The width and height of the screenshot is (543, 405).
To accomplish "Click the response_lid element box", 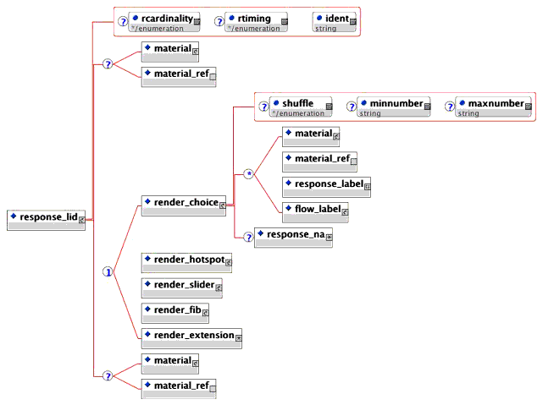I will pyautogui.click(x=46, y=220).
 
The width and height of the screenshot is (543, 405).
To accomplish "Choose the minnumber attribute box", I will pyautogui.click(x=393, y=107).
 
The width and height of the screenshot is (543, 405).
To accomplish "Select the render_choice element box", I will pyautogui.click(x=183, y=206).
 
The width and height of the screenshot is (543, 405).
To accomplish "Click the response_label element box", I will pyautogui.click(x=327, y=186).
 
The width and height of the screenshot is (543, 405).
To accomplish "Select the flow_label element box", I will pyautogui.click(x=315, y=211).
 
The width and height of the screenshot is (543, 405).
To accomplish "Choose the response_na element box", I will pyautogui.click(x=293, y=237).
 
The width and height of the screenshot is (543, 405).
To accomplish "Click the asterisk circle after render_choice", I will pyautogui.click(x=249, y=174).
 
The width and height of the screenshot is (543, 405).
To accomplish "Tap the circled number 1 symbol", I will pyautogui.click(x=108, y=272).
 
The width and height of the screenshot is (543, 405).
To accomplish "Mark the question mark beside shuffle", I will pyautogui.click(x=263, y=107).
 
